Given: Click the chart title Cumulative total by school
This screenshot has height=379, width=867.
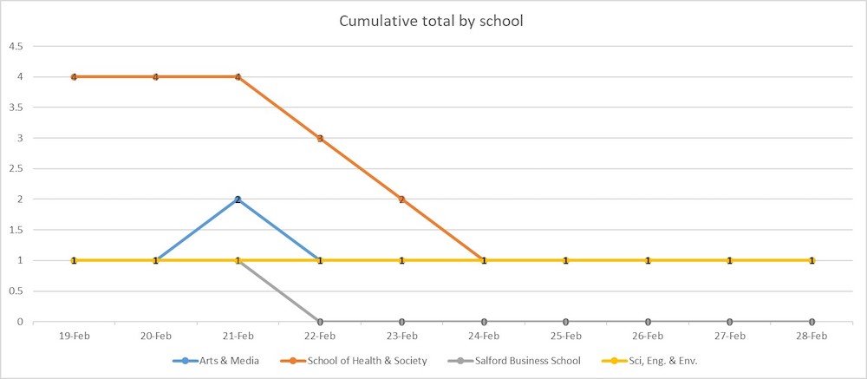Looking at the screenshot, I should [431, 22].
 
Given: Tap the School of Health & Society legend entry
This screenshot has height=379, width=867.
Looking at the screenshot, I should [361, 360].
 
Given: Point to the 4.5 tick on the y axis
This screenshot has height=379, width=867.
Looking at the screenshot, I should [16, 46].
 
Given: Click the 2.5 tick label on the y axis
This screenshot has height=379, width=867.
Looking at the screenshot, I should [16, 168].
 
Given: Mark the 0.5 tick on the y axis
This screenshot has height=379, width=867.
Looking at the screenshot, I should [16, 291].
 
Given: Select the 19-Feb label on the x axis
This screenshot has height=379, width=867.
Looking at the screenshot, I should [74, 335].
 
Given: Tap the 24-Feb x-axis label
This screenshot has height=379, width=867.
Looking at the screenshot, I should [484, 335].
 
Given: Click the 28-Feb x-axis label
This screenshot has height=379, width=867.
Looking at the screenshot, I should [812, 335].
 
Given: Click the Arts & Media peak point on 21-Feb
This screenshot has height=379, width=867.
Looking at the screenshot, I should [238, 199].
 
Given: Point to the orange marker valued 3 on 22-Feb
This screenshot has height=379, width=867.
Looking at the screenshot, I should [320, 138].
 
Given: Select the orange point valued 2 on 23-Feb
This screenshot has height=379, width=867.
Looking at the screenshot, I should [401, 199].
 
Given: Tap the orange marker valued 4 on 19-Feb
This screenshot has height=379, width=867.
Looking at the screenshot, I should [74, 77].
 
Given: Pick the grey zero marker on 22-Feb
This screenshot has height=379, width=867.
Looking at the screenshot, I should [320, 322].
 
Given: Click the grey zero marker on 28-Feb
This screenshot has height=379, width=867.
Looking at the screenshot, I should [812, 322].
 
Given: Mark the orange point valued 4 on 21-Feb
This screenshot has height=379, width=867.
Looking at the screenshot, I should [238, 77].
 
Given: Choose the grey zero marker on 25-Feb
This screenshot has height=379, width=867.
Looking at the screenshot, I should [565, 322].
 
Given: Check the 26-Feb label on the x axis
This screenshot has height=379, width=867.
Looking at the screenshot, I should [648, 335].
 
